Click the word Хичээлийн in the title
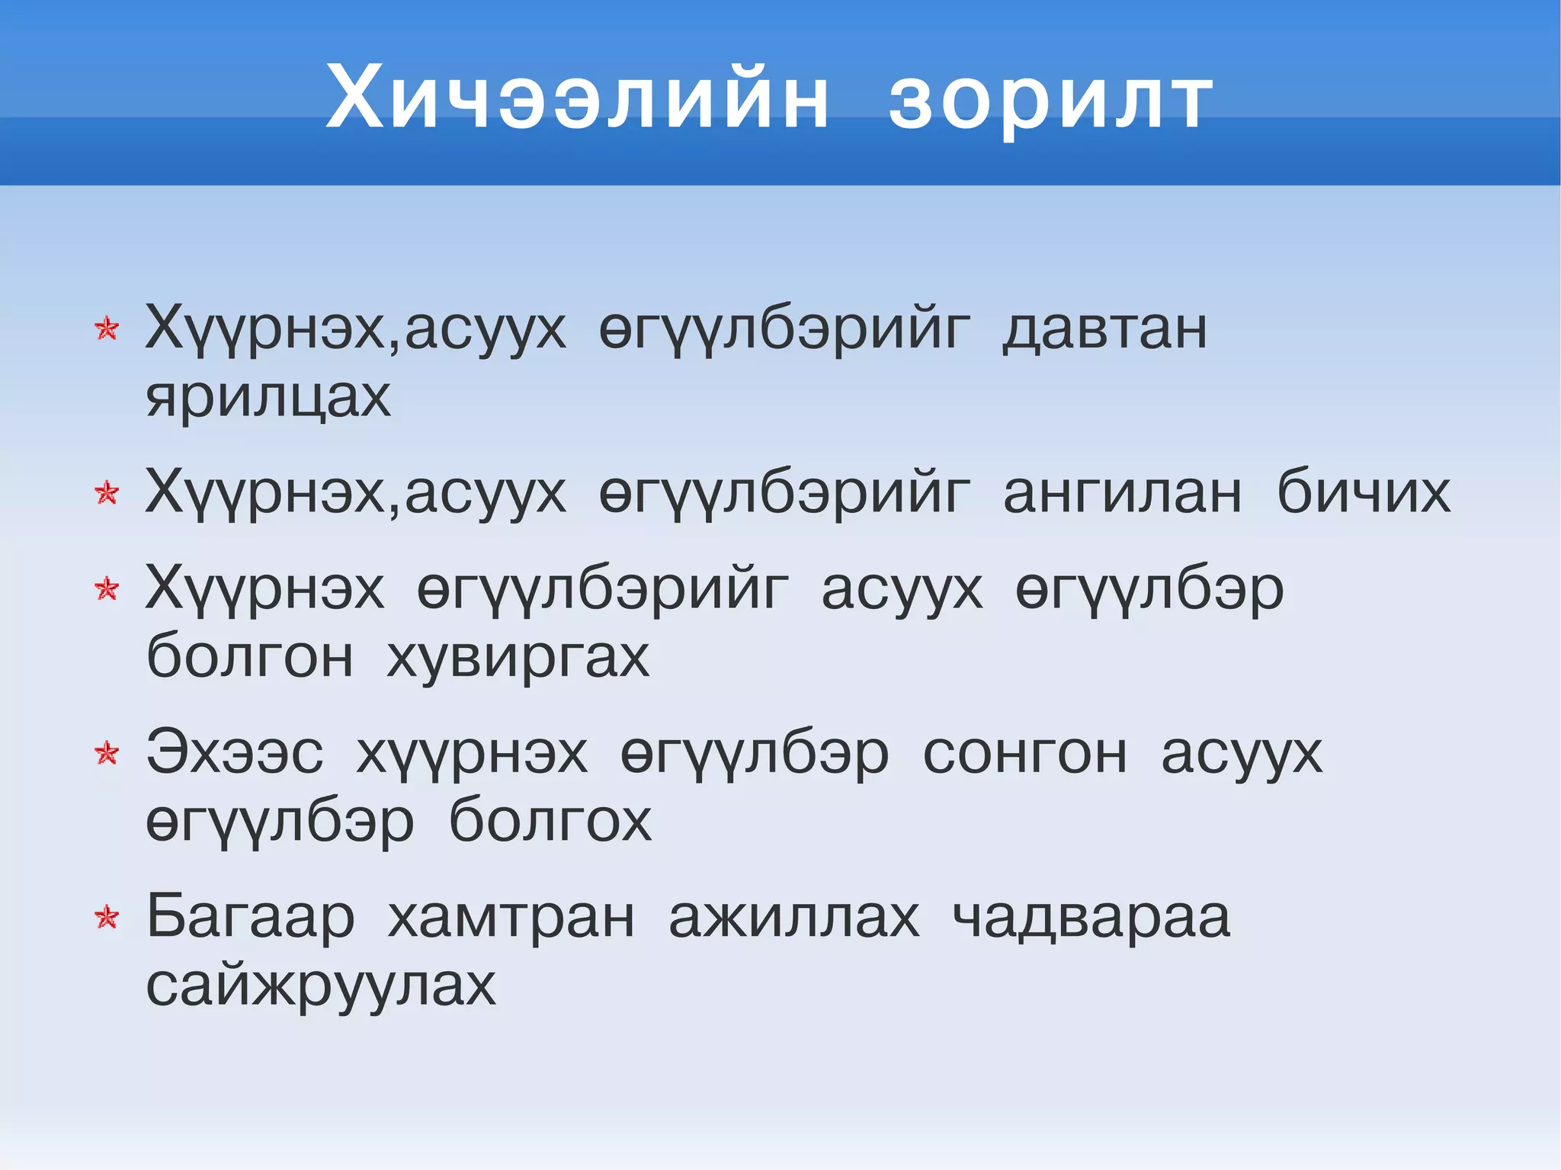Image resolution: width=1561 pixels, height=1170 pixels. (x=577, y=98)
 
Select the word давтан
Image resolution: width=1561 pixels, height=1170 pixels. (x=1104, y=329)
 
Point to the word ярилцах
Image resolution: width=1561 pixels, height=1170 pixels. (x=268, y=397)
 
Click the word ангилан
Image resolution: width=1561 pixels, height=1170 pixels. (x=1122, y=492)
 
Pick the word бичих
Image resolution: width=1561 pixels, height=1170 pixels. (x=1363, y=492)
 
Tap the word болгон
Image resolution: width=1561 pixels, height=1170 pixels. (x=249, y=656)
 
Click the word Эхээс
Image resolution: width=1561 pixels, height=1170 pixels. (x=235, y=753)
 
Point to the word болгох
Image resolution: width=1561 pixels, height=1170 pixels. (x=550, y=821)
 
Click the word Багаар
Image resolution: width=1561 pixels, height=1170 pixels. (x=250, y=918)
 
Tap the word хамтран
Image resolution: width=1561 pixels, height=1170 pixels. (x=511, y=918)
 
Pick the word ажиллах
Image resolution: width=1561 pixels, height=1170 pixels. (x=793, y=918)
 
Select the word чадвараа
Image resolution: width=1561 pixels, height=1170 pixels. (x=1091, y=918)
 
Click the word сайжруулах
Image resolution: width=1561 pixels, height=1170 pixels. (x=321, y=986)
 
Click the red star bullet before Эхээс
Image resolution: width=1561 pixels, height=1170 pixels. (x=107, y=753)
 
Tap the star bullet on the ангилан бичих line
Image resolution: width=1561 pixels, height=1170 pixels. (x=107, y=493)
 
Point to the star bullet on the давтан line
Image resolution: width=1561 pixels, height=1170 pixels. (x=107, y=329)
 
